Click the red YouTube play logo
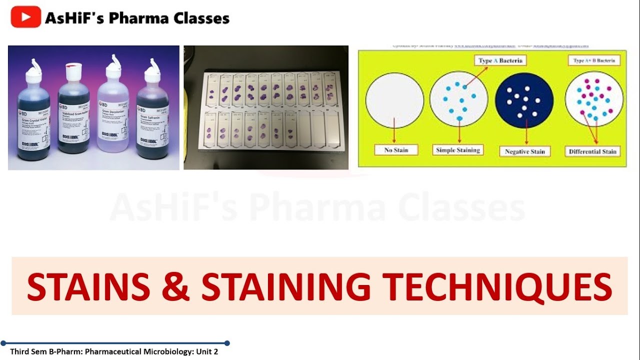[25, 17]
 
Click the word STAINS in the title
[88, 286]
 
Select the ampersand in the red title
[175, 286]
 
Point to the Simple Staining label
[458, 150]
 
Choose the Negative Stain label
[524, 151]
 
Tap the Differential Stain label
[592, 151]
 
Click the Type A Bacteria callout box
[500, 60]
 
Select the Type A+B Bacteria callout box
[593, 60]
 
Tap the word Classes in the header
[201, 18]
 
